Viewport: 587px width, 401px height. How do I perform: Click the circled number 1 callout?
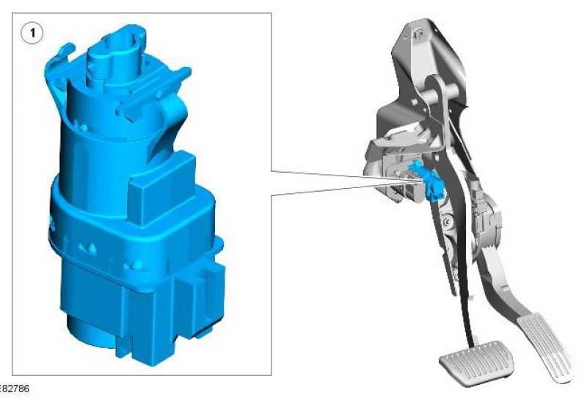coord(32,33)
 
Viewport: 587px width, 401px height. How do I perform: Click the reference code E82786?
coord(14,389)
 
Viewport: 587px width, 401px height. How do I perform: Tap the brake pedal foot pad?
coord(476,363)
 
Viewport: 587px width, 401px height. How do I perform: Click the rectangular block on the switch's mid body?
coord(161,187)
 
